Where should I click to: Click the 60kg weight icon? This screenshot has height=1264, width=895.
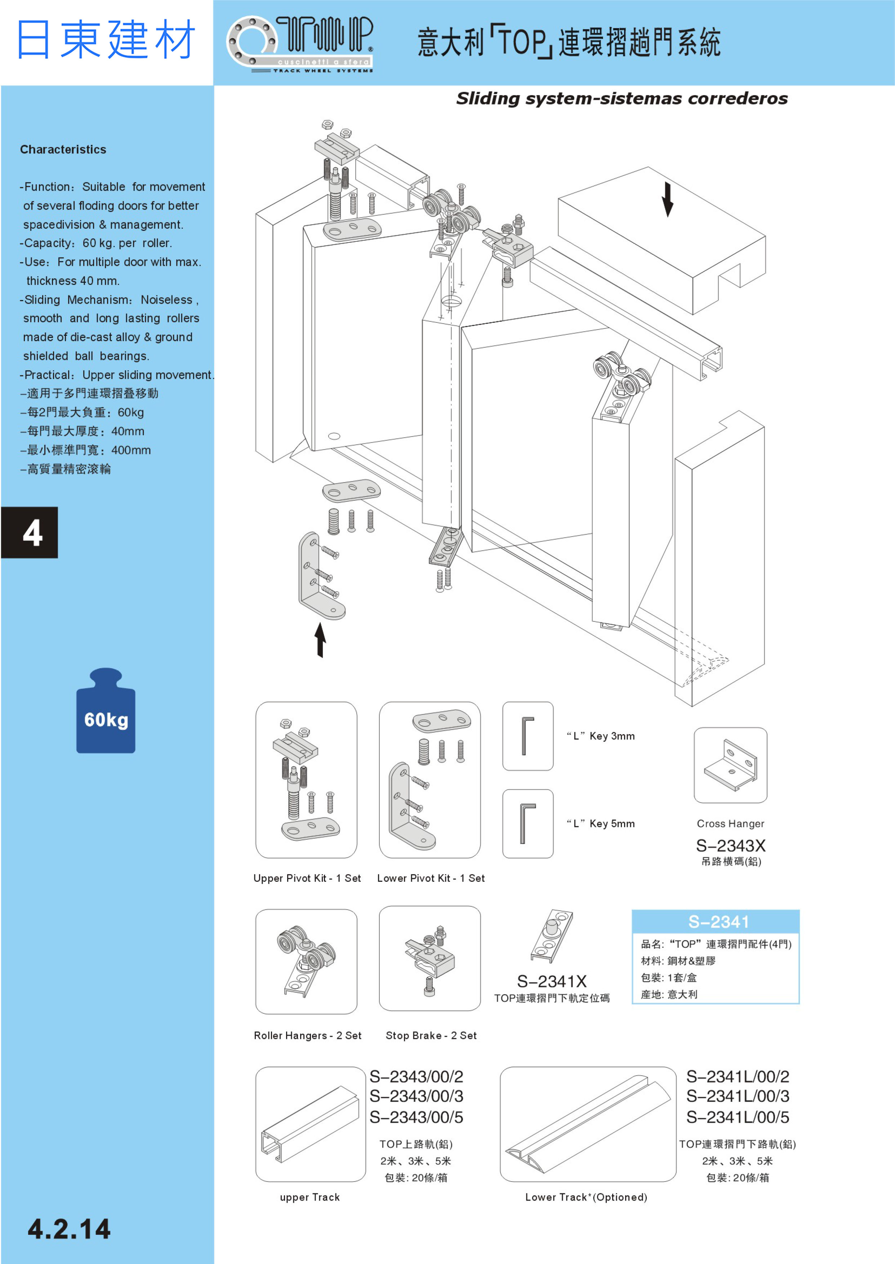click(106, 711)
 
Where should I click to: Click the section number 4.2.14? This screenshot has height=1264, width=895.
click(69, 1229)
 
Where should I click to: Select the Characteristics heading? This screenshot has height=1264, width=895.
click(63, 149)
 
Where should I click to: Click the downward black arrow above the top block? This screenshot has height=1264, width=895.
click(667, 199)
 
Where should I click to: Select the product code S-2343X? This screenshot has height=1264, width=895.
click(730, 845)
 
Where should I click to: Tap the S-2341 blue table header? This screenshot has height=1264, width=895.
click(715, 922)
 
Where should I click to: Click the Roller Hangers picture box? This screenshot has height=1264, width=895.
click(306, 961)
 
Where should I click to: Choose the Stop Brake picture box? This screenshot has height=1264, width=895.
click(429, 959)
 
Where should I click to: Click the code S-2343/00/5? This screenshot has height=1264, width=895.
click(416, 1117)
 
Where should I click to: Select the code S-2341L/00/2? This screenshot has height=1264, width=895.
click(738, 1076)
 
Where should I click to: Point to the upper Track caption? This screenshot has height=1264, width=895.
click(310, 1197)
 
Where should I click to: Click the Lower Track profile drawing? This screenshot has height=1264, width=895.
click(588, 1124)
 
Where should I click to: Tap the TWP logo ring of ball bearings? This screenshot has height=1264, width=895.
click(253, 41)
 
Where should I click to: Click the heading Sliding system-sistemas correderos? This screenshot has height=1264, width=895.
click(622, 99)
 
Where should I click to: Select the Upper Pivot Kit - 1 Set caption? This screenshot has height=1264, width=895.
click(307, 878)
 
